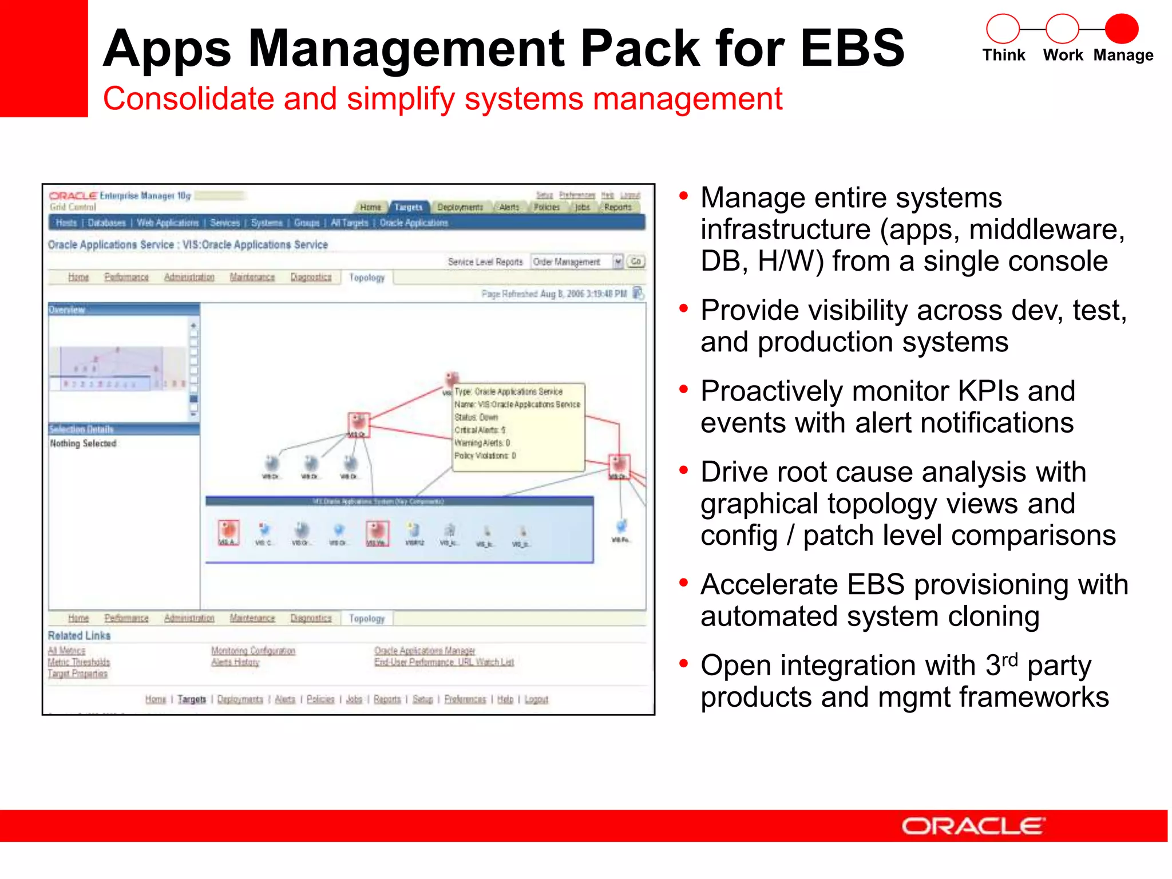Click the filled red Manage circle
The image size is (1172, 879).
pyautogui.click(x=1121, y=29)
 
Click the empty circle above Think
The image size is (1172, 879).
pyautogui.click(x=1003, y=29)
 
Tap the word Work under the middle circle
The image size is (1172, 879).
pyautogui.click(x=1063, y=55)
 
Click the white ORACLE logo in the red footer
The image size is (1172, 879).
pyautogui.click(x=973, y=826)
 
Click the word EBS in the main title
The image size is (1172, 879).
pyautogui.click(x=852, y=48)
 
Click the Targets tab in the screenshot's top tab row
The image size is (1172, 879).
pyautogui.click(x=408, y=207)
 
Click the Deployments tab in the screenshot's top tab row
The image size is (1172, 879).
pyautogui.click(x=460, y=207)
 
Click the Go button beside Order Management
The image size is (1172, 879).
pyautogui.click(x=636, y=262)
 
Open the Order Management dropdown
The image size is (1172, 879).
pyautogui.click(x=617, y=262)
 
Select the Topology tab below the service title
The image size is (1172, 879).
pyautogui.click(x=367, y=278)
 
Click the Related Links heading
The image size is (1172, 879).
pyautogui.click(x=79, y=635)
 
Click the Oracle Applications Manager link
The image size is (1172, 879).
pyautogui.click(x=425, y=651)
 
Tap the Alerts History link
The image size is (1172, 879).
pyautogui.click(x=235, y=662)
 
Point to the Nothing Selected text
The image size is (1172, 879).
pyautogui.click(x=83, y=444)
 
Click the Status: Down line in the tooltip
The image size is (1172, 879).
pyautogui.click(x=476, y=417)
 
